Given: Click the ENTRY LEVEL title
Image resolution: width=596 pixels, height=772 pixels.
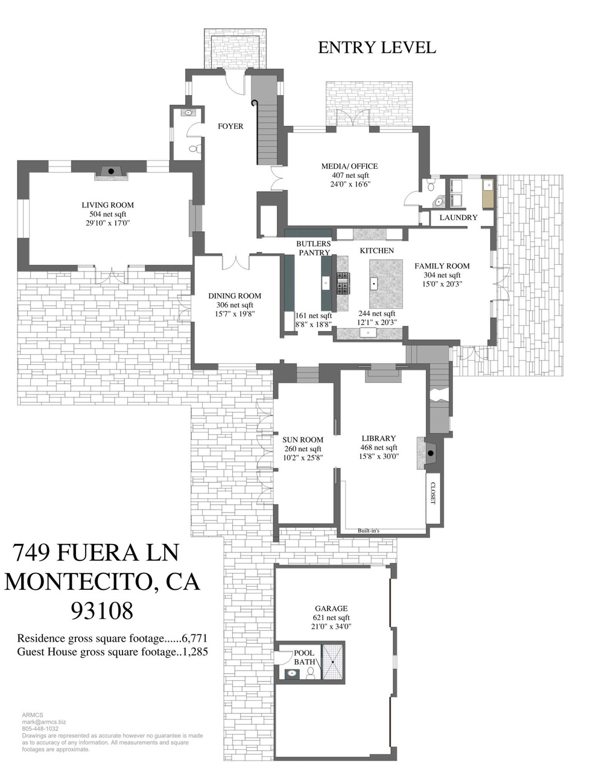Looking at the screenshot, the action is [x=376, y=48].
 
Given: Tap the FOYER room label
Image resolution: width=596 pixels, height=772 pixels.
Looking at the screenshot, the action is [x=230, y=126].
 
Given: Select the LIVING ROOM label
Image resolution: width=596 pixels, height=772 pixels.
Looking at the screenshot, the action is [x=107, y=205].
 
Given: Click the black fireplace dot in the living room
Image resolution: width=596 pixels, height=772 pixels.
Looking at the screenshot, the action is [x=111, y=171].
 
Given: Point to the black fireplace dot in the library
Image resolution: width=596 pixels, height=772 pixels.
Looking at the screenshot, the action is [x=431, y=454].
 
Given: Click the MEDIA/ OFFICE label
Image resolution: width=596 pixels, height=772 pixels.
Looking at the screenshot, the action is [x=349, y=166].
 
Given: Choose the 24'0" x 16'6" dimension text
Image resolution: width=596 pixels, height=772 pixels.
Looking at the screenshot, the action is [x=350, y=185].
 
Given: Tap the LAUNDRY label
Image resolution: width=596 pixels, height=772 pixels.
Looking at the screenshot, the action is [x=458, y=217].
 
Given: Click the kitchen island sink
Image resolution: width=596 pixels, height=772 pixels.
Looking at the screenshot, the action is [x=373, y=283].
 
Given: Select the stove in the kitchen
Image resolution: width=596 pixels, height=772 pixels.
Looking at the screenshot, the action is [x=343, y=283].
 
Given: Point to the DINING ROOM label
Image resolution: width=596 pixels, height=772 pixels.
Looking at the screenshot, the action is [x=235, y=296].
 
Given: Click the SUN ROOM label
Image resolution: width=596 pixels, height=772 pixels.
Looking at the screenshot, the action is [x=303, y=440].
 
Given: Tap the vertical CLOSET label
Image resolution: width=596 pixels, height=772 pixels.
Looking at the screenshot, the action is [x=433, y=493].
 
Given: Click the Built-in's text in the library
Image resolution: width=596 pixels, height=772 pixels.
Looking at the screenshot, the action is [x=369, y=531].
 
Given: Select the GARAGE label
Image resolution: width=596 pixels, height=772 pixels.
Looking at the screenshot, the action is [x=331, y=608].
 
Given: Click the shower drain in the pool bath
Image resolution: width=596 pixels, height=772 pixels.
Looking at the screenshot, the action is [x=333, y=662].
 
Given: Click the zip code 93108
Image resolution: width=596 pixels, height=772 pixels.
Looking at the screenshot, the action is [x=103, y=611].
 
